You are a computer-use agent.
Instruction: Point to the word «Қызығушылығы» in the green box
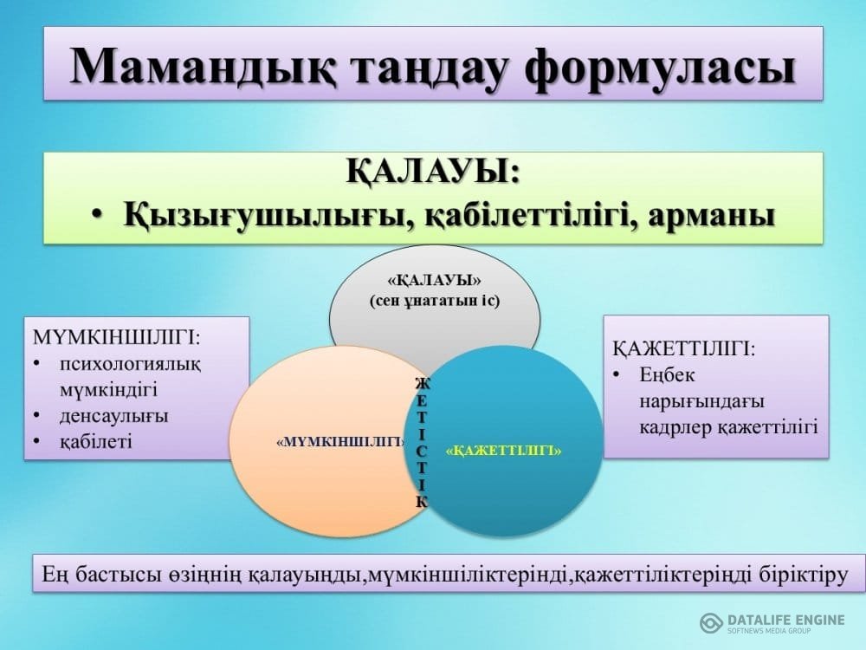coord(269,215)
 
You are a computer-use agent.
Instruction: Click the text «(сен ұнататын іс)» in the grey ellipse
coord(435,302)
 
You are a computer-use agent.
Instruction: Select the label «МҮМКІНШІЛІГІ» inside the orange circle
coord(340,442)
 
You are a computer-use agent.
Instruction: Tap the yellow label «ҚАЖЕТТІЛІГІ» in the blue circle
coord(503,451)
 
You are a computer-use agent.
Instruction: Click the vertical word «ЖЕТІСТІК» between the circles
coord(422,442)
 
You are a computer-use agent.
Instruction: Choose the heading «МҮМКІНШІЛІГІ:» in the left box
coord(117,337)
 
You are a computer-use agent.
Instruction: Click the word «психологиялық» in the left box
coord(131,365)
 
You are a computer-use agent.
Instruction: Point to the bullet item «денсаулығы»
coord(113,416)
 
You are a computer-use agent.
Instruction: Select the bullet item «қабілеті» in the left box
coord(96,442)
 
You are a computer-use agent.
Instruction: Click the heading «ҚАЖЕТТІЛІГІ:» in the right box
coord(684,349)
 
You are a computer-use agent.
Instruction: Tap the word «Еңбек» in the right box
coord(667,376)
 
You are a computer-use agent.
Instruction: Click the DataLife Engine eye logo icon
coord(711,623)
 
